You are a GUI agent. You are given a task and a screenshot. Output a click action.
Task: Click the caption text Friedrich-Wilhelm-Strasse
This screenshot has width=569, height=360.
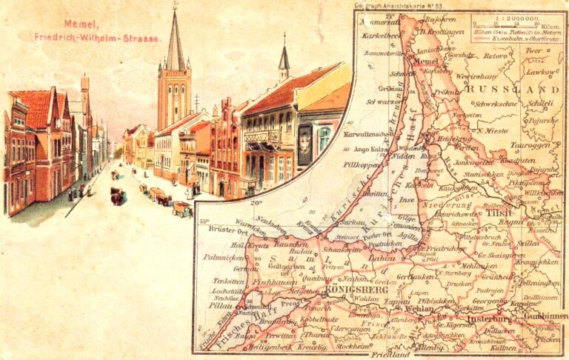(x=97, y=36)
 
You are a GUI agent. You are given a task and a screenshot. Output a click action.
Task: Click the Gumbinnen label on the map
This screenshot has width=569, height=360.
(x=545, y=316)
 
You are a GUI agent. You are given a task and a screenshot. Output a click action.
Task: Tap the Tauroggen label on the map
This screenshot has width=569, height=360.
(x=524, y=146)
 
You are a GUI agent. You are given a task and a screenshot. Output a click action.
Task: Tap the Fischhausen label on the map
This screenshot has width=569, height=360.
(x=275, y=281)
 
